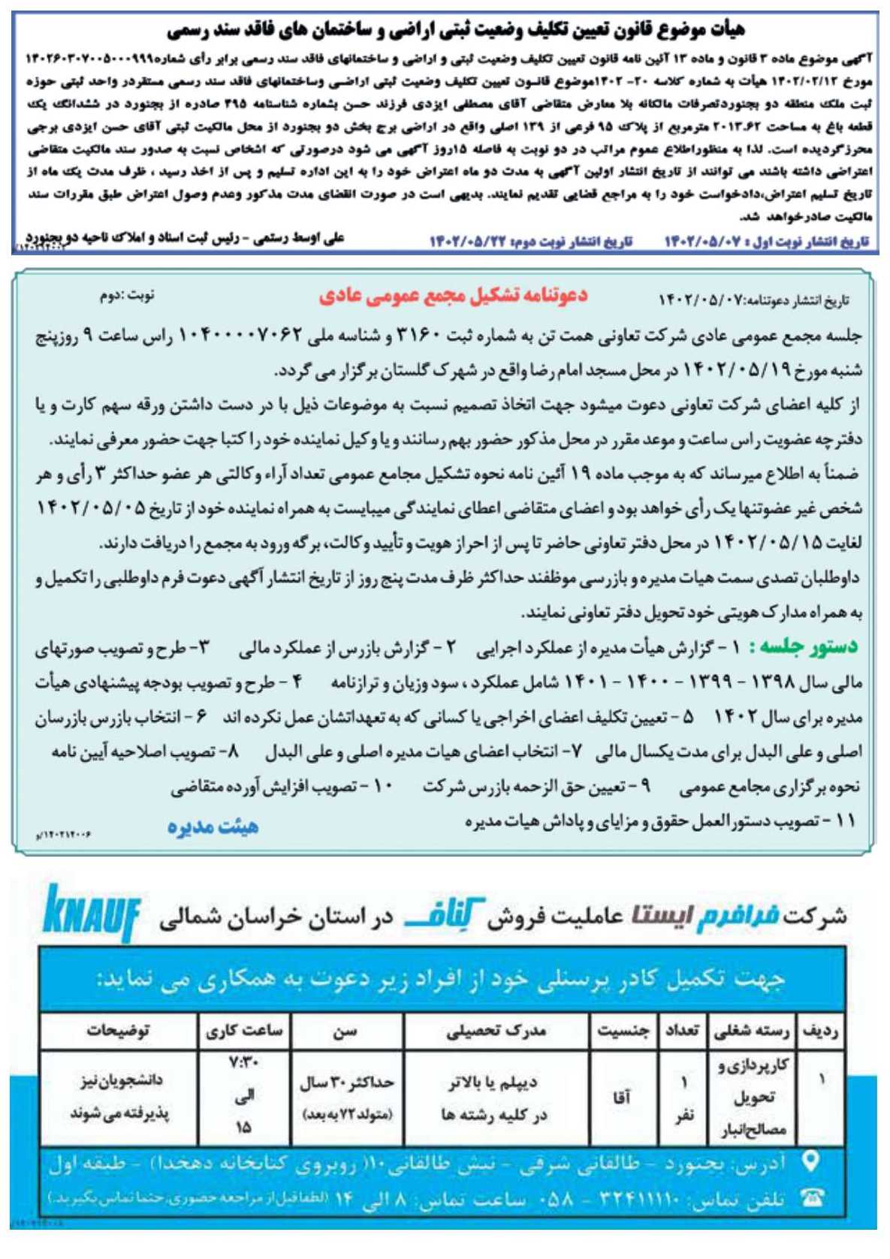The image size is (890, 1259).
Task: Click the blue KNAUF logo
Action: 92,913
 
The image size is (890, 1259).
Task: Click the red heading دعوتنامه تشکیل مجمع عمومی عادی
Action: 453,296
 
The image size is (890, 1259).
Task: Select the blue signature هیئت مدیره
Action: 213,827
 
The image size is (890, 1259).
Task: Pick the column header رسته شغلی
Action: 751,1031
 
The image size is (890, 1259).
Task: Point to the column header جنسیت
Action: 623,1031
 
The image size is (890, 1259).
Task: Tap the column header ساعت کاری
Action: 244,1031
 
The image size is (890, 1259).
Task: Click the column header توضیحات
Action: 118,1031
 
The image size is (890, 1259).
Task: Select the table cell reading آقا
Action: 622,1098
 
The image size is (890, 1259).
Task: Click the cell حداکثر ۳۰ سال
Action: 346,1083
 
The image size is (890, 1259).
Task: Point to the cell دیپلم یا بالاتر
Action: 493,1083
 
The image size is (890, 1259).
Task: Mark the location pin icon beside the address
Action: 810,1162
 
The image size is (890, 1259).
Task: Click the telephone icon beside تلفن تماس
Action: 811,1197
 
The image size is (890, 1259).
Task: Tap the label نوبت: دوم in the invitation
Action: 127,295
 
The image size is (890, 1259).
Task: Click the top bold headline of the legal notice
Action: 456,30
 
